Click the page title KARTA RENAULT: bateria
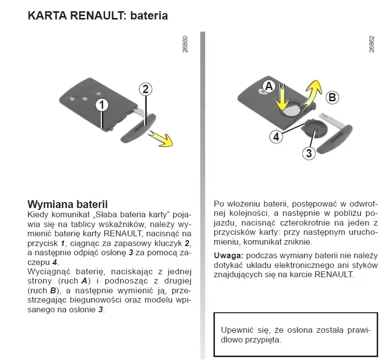pyautogui.click(x=98, y=16)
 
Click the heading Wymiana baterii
pyautogui.click(x=67, y=204)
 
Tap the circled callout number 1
pyautogui.click(x=101, y=104)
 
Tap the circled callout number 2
pyautogui.click(x=145, y=89)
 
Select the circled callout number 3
pyautogui.click(x=308, y=153)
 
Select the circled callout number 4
pyautogui.click(x=276, y=137)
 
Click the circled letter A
pyautogui.click(x=268, y=87)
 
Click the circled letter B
pyautogui.click(x=332, y=97)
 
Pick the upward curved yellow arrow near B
pyautogui.click(x=312, y=93)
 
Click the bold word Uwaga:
pyautogui.click(x=229, y=255)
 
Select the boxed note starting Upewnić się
pyautogui.click(x=296, y=335)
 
